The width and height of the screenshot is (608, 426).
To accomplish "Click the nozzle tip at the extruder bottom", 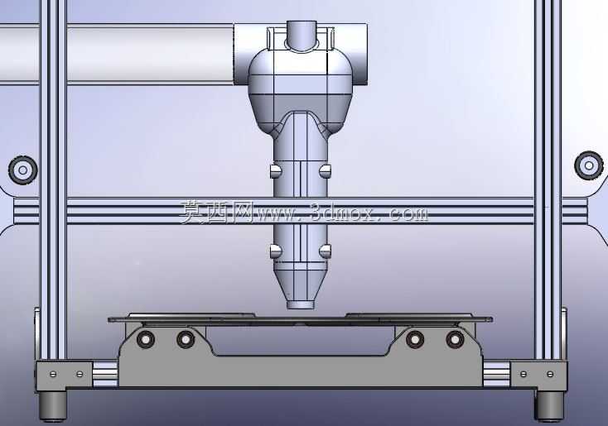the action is (x=300, y=304).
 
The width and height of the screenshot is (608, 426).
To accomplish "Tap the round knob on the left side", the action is (x=23, y=170).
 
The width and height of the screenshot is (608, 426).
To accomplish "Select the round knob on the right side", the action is (x=589, y=165).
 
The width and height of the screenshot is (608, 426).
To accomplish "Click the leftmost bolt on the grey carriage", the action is (x=146, y=339).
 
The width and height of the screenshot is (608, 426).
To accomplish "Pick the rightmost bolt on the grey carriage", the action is (x=455, y=340).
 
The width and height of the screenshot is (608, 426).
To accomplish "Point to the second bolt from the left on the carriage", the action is (x=186, y=339).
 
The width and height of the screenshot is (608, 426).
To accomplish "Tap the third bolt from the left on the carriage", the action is (x=415, y=340).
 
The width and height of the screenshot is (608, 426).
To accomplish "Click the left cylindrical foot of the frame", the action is (x=53, y=406).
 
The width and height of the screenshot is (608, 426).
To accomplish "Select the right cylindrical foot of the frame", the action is (x=550, y=406).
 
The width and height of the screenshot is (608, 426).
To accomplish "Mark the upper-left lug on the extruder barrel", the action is (x=275, y=170).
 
